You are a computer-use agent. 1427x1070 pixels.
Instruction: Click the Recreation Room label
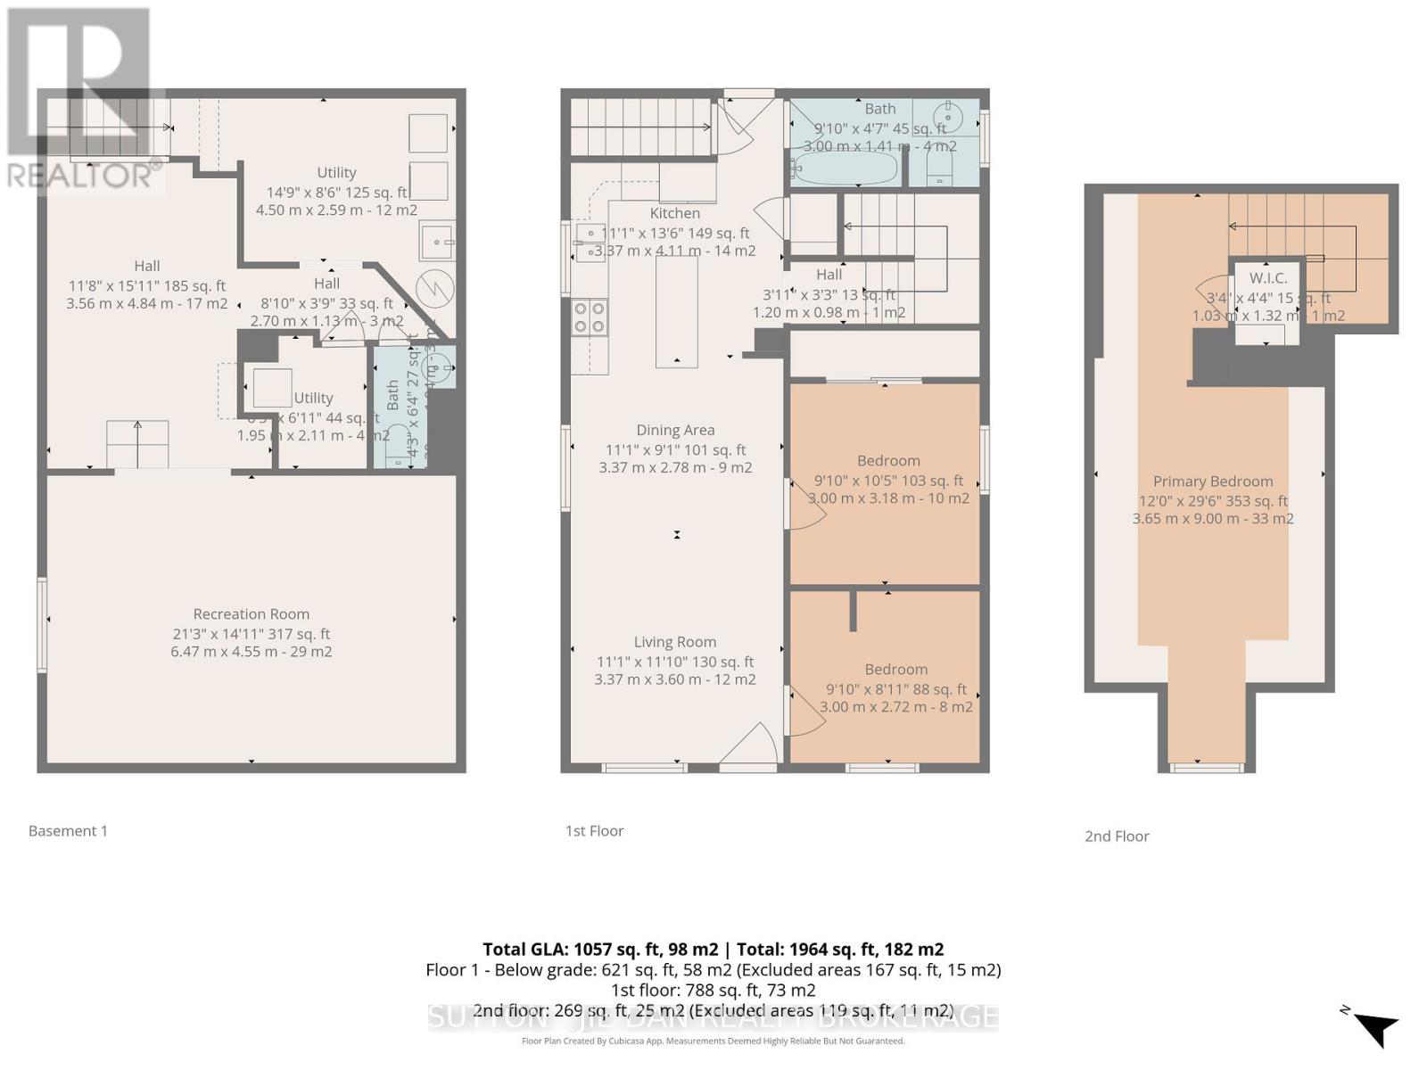(x=252, y=613)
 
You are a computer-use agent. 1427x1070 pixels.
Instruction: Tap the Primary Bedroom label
(x=1212, y=481)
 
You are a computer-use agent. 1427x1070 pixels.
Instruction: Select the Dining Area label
(x=675, y=430)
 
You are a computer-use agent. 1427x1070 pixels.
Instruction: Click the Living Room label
(x=675, y=641)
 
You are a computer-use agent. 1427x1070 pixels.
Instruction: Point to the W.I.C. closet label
(x=1267, y=278)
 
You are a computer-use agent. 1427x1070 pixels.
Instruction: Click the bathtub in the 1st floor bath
(x=845, y=168)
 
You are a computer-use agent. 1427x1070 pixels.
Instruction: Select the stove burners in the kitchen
(x=590, y=317)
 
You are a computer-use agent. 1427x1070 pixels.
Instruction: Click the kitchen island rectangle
(x=677, y=311)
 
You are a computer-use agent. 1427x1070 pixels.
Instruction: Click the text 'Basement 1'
(x=68, y=831)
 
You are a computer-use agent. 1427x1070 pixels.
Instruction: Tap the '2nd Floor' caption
(x=1117, y=836)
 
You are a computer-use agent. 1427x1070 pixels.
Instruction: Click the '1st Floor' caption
(x=594, y=831)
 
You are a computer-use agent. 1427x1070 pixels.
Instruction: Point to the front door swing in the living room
(x=755, y=745)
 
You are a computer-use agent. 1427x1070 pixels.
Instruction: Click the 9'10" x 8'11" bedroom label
(x=895, y=670)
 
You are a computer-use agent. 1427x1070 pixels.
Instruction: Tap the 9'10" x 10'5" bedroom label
(x=888, y=461)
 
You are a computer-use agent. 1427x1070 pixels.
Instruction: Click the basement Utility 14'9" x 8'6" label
(x=336, y=173)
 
